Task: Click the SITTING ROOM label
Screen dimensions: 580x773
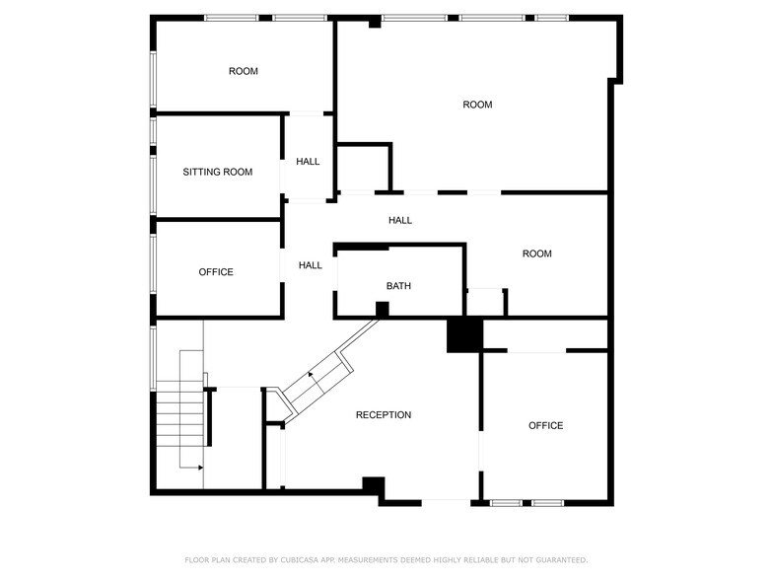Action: tap(217, 172)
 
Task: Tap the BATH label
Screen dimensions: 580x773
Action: tap(398, 286)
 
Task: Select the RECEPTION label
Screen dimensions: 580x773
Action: tap(384, 415)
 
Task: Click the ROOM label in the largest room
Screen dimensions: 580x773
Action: tap(477, 105)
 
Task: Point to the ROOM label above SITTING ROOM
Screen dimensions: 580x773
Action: tap(243, 71)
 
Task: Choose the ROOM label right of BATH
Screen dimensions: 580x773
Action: tap(536, 254)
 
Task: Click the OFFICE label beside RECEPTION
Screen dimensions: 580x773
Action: tap(545, 425)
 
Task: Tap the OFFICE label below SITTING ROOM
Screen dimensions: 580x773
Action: tap(216, 272)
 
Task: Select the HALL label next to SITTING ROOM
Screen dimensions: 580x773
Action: tap(308, 161)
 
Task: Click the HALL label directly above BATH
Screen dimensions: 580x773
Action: tap(399, 220)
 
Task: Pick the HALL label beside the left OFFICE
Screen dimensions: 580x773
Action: tap(311, 265)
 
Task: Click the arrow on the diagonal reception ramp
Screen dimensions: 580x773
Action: tap(312, 375)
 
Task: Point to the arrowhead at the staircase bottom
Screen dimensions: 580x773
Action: tap(200, 467)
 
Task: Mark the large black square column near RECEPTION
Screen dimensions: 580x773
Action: tap(462, 334)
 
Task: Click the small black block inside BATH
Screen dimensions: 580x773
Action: tap(382, 309)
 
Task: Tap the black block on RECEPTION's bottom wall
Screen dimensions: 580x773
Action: tap(373, 485)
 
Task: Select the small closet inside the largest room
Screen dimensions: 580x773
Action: tap(364, 167)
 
